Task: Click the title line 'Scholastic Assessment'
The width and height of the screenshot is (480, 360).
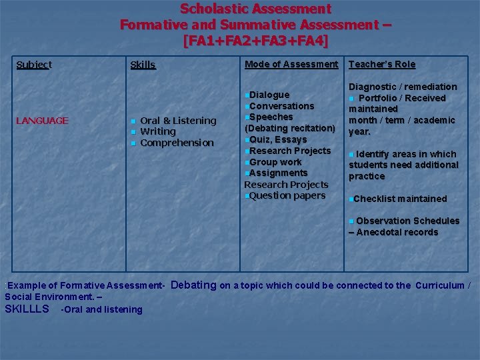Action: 255,9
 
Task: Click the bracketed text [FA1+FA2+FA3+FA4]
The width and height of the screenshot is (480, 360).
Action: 255,40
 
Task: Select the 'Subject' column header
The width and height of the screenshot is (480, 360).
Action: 34,65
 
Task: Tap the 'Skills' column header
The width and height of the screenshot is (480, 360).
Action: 143,65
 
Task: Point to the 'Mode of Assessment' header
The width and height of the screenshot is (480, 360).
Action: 291,64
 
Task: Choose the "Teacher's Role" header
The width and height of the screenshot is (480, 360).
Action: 382,64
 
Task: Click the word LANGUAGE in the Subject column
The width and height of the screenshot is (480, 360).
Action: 42,121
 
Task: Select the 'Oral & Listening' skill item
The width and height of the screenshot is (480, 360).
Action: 178,121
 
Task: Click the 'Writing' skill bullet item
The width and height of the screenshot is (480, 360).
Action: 158,131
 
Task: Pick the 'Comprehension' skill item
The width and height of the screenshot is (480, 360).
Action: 177,143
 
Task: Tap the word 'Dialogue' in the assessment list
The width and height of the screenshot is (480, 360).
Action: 269,95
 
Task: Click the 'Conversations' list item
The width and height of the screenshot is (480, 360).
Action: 281,106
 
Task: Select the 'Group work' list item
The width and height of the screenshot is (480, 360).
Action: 275,162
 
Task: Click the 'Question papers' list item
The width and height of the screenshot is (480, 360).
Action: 287,195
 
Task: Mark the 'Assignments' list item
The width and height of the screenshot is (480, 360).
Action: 278,173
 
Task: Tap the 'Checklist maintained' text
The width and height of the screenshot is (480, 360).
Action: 400,199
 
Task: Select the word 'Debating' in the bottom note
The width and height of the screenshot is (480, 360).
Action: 194,285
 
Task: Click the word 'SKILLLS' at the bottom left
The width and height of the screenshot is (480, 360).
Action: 27,309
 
